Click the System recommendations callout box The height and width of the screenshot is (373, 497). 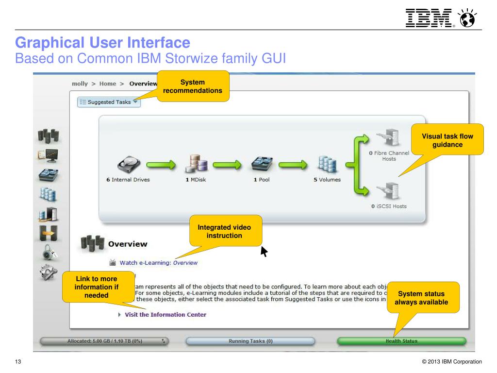[192, 86]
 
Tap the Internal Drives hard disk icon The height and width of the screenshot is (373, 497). [128, 164]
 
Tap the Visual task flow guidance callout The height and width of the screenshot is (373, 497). [447, 140]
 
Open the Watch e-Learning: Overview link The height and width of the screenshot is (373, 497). [158, 263]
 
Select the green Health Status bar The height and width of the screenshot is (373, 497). [401, 341]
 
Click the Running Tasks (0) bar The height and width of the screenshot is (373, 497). [250, 341]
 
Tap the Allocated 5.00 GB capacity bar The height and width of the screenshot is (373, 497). [104, 341]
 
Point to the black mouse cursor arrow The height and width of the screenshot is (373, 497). [264, 251]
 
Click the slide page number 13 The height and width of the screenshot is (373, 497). [18, 361]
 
